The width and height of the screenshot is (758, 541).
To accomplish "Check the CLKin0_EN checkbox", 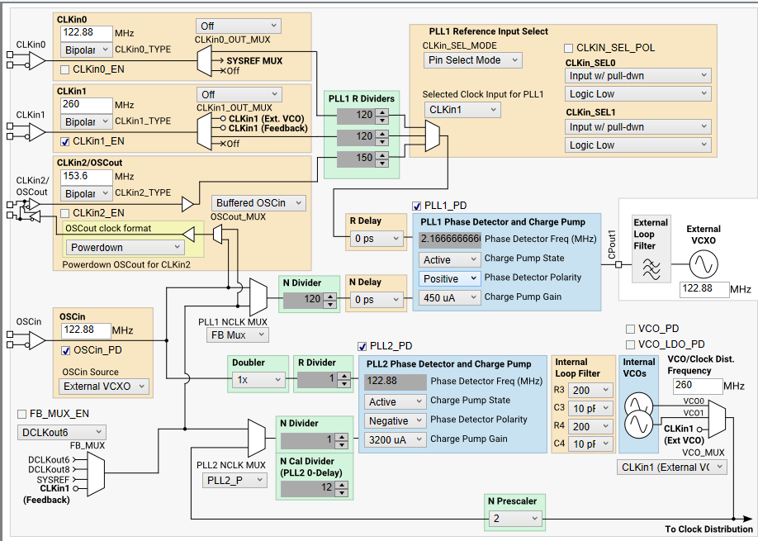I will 65,69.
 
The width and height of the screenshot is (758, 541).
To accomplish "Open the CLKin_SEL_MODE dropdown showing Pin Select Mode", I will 473,59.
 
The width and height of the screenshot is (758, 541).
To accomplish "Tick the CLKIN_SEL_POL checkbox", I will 568,48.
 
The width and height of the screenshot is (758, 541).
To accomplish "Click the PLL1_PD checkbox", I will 417,205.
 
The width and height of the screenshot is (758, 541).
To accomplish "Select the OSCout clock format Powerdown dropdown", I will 125,247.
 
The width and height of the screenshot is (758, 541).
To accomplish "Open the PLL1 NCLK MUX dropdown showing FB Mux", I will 237,335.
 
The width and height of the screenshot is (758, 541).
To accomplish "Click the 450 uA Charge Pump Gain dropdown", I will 447,297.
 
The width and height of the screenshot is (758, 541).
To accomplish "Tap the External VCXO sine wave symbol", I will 704,264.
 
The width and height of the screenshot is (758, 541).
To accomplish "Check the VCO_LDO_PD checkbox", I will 632,344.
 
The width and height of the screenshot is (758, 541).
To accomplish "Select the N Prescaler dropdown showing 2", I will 514,518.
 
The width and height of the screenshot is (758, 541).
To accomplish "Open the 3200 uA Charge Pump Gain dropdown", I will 395,439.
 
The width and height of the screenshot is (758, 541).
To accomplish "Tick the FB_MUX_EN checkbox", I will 22,413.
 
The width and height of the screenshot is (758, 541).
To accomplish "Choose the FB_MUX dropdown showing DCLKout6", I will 61,432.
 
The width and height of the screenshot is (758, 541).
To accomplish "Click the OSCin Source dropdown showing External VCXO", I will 104,386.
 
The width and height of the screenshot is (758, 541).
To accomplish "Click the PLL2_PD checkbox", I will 362,345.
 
